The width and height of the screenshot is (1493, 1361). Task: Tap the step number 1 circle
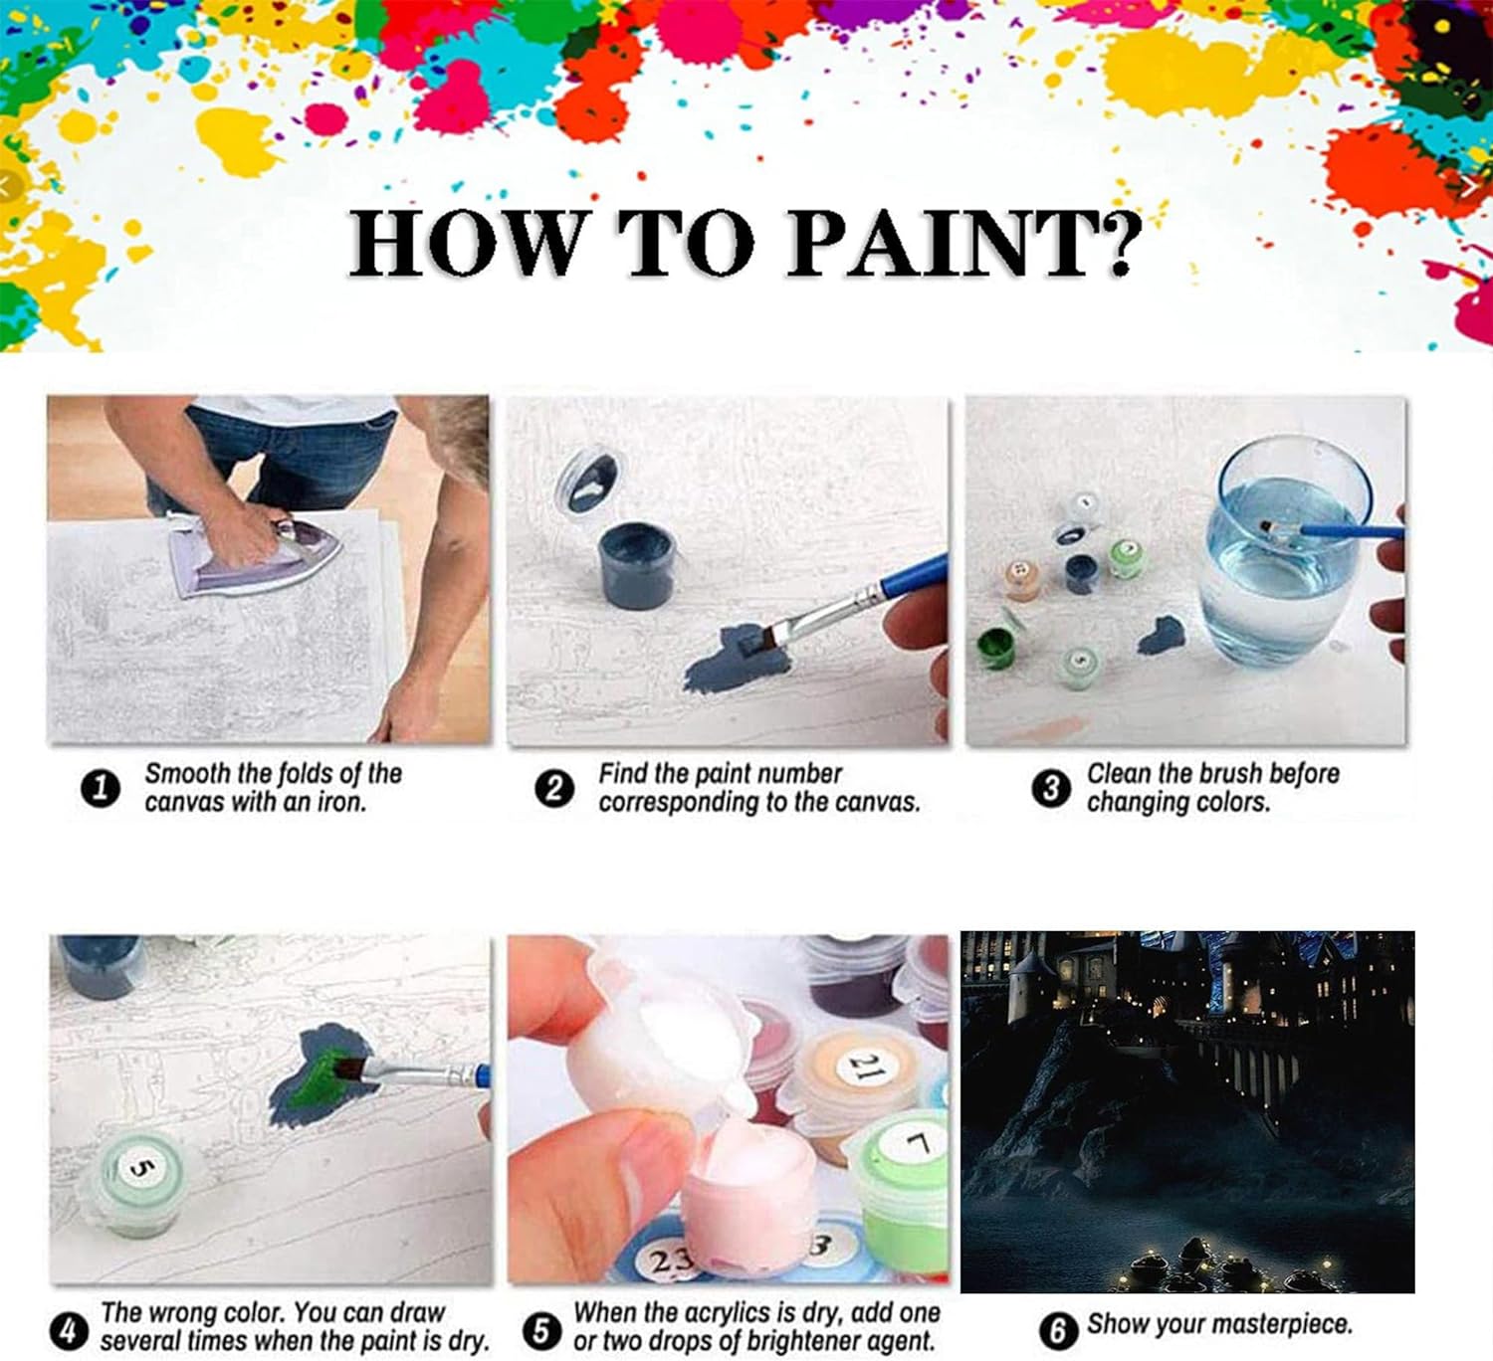tap(101, 789)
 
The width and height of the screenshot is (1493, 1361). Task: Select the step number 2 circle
tap(554, 789)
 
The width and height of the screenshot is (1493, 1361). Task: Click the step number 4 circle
tap(70, 1331)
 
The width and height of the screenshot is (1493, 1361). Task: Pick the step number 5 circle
tap(541, 1331)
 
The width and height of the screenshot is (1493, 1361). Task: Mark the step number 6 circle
tap(1058, 1331)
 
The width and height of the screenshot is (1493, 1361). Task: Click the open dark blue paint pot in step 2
tap(637, 562)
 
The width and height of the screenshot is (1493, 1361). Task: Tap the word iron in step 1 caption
tap(341, 802)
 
